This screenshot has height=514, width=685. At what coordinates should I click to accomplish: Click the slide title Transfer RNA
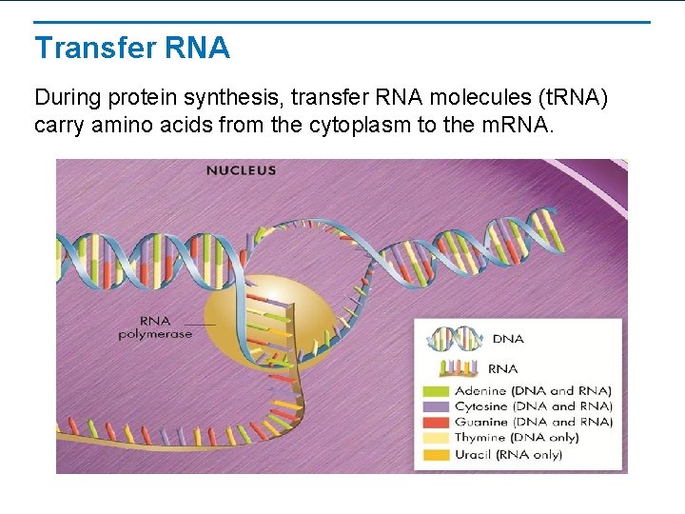pos(132,48)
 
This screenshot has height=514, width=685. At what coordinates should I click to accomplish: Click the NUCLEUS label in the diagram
pos(242,170)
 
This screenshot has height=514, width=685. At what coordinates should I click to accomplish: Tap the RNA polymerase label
pos(155,327)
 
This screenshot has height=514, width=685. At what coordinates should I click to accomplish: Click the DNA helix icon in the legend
pos(455,338)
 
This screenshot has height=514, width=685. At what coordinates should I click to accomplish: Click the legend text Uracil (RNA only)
pos(521,454)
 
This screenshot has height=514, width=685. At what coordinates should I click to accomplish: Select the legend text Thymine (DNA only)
pos(530,438)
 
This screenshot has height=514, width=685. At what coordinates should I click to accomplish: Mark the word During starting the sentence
pos(67,97)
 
